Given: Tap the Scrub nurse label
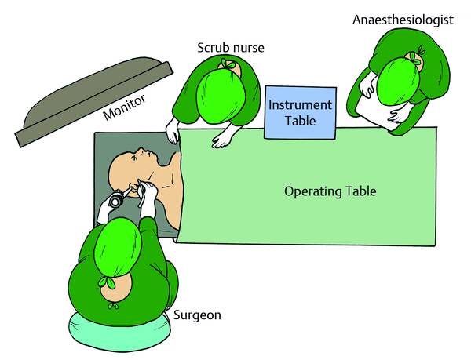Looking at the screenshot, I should [230, 48].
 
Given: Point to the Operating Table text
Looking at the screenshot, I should [330, 191].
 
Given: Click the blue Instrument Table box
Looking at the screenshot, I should [301, 112].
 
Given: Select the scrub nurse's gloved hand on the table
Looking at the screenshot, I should [225, 139].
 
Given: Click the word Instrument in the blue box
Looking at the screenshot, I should [301, 104].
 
